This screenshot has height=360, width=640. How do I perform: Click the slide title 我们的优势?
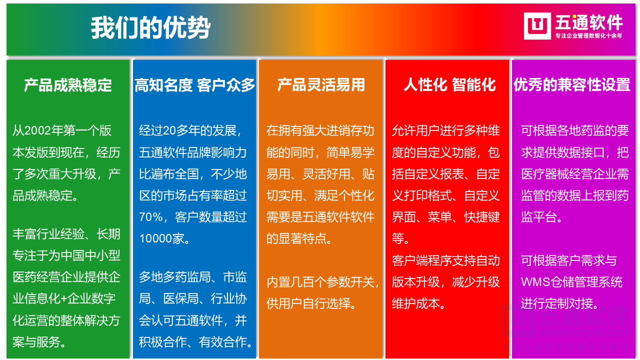150,28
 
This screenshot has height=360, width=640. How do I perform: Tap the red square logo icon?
537,26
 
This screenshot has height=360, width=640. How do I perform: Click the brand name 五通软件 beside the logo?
589,22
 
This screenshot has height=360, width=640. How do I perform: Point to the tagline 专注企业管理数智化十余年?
589,36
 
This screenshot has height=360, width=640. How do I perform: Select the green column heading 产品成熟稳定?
68,85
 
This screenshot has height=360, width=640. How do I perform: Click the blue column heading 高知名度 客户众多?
194,85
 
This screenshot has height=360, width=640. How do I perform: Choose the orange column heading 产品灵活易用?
321,85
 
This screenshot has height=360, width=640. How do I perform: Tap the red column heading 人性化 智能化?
449,85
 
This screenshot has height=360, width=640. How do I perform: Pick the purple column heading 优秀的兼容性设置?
572,85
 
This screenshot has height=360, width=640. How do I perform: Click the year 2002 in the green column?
37,131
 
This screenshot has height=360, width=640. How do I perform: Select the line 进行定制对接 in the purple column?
559,303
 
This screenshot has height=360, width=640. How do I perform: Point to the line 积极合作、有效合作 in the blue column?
196,342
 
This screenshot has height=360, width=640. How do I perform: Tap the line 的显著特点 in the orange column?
299,238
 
